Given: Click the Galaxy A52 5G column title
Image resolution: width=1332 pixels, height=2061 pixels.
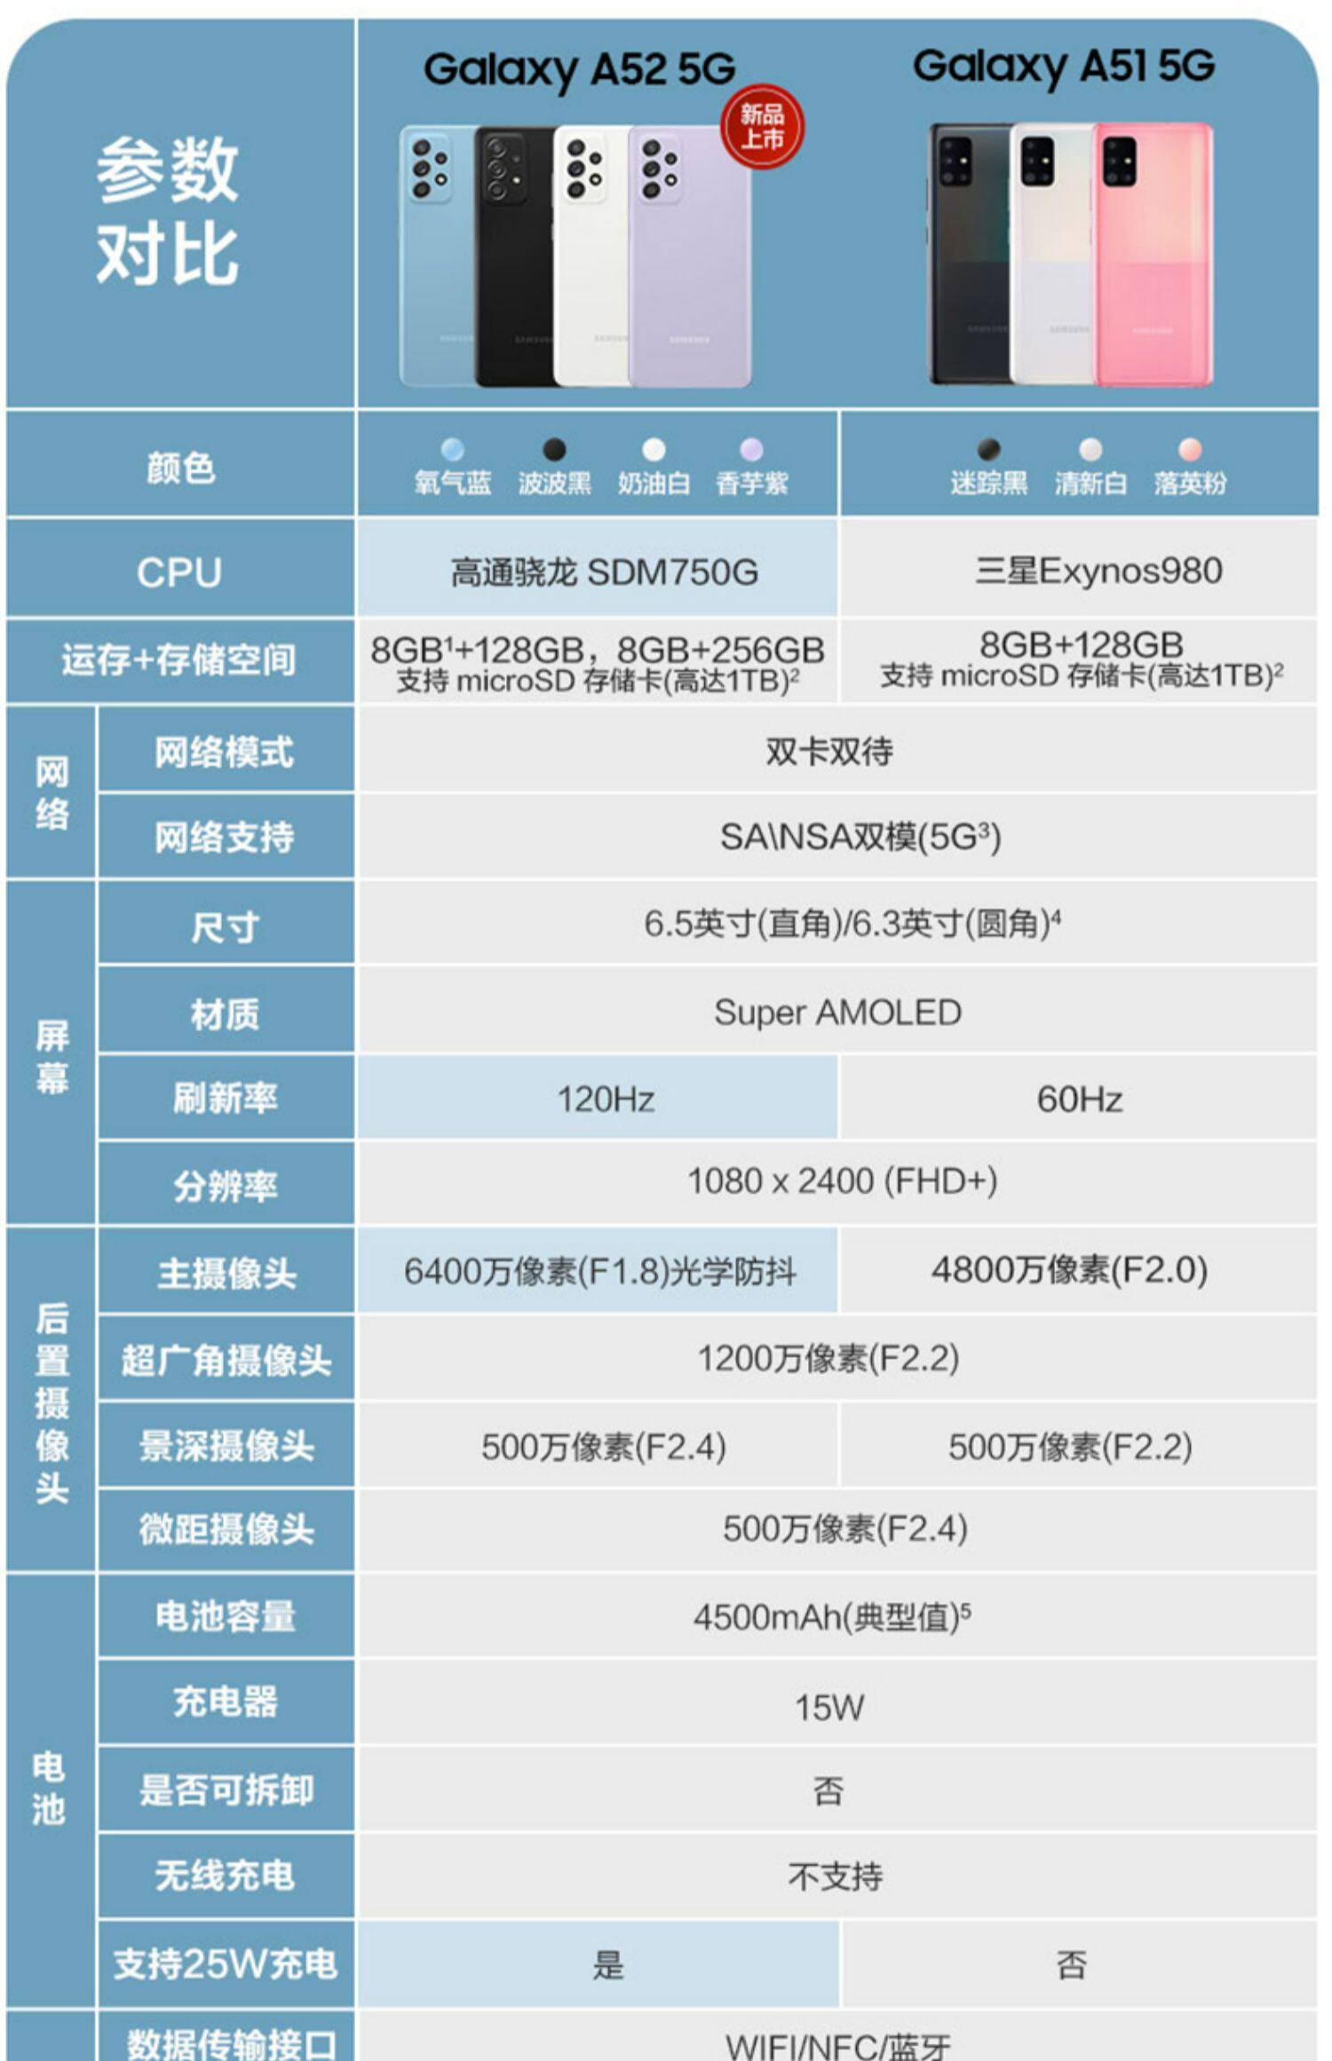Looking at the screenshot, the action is [579, 69].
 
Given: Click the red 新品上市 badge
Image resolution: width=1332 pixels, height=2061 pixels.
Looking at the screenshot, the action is [762, 127].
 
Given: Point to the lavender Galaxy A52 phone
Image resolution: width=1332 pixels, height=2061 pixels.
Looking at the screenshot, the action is [688, 256].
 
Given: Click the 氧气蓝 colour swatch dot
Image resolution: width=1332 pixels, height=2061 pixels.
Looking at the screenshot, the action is [452, 449].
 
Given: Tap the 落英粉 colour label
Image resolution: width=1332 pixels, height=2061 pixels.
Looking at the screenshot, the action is [1190, 483].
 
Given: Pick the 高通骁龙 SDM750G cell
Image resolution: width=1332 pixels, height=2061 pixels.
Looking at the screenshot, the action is [604, 572].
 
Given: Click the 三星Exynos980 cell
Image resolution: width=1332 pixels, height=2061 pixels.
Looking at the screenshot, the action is [1098, 571].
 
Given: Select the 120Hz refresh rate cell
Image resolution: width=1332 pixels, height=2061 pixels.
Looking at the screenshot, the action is [605, 1099].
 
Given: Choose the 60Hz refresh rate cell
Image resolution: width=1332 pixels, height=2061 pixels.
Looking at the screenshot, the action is [1079, 1099].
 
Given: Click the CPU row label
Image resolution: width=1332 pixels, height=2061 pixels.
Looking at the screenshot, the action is [179, 572].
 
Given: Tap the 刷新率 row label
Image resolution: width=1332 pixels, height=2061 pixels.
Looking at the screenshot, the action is [225, 1099].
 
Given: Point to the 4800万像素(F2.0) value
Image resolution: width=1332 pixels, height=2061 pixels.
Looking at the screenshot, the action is [1069, 1269].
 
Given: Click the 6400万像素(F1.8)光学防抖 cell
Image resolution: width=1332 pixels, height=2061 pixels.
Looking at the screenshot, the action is [599, 1271].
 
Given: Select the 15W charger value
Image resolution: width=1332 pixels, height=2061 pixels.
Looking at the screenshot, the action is [829, 1707].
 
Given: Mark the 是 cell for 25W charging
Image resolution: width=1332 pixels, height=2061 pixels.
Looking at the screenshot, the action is [608, 1964].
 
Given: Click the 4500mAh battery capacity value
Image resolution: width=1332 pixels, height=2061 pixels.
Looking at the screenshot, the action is [831, 1617].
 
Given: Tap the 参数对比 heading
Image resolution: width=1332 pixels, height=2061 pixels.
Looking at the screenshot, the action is [168, 211].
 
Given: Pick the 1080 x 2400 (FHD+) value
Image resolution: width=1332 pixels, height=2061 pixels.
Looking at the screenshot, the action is [842, 1181].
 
